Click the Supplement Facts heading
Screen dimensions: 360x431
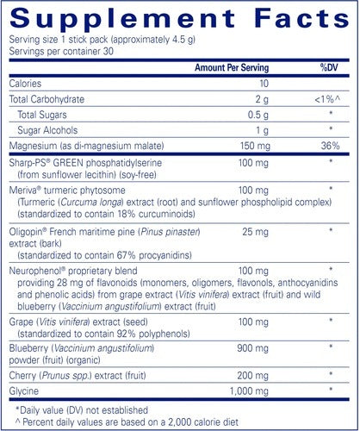coord(179,20)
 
